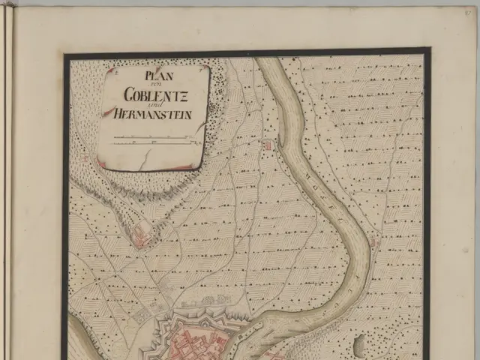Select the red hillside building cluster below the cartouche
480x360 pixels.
[x=141, y=238]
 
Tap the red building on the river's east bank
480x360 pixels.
[x=375, y=242]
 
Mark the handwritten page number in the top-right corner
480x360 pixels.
[x=469, y=10]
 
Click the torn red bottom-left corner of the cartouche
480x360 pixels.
[x=102, y=162]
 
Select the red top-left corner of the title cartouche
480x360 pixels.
[x=109, y=70]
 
